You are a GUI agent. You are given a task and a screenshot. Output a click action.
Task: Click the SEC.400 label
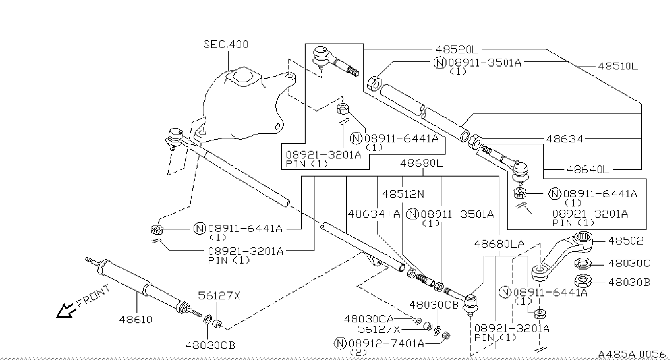pos(226,45)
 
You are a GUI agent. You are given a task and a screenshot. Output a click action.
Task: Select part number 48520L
pos(457,49)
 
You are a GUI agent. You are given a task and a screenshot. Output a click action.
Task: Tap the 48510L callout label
pos(618,66)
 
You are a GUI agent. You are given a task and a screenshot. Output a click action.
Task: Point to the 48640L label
pos(588,170)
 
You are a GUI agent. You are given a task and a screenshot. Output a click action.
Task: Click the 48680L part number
pos(422,163)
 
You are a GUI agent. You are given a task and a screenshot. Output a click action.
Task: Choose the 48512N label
pos(403,195)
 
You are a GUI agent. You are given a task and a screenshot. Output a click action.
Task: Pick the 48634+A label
pos(374,214)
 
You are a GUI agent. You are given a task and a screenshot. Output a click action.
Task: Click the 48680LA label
pos(499,244)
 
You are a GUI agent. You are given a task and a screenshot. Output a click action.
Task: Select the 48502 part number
pos(625,241)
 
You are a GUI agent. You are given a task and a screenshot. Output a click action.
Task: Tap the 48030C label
pos(629,263)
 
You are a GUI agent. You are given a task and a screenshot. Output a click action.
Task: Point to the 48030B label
pos(629,282)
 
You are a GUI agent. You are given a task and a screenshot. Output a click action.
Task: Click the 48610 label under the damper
pos(135,319)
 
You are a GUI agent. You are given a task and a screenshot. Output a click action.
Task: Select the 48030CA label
pos(369,319)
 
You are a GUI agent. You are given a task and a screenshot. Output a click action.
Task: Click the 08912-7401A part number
pos(386,343)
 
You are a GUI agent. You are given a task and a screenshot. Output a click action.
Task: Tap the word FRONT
pos(93,296)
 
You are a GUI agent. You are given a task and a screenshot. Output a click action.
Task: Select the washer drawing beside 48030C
pos(582,264)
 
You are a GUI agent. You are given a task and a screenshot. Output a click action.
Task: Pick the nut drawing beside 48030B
pos(582,281)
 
